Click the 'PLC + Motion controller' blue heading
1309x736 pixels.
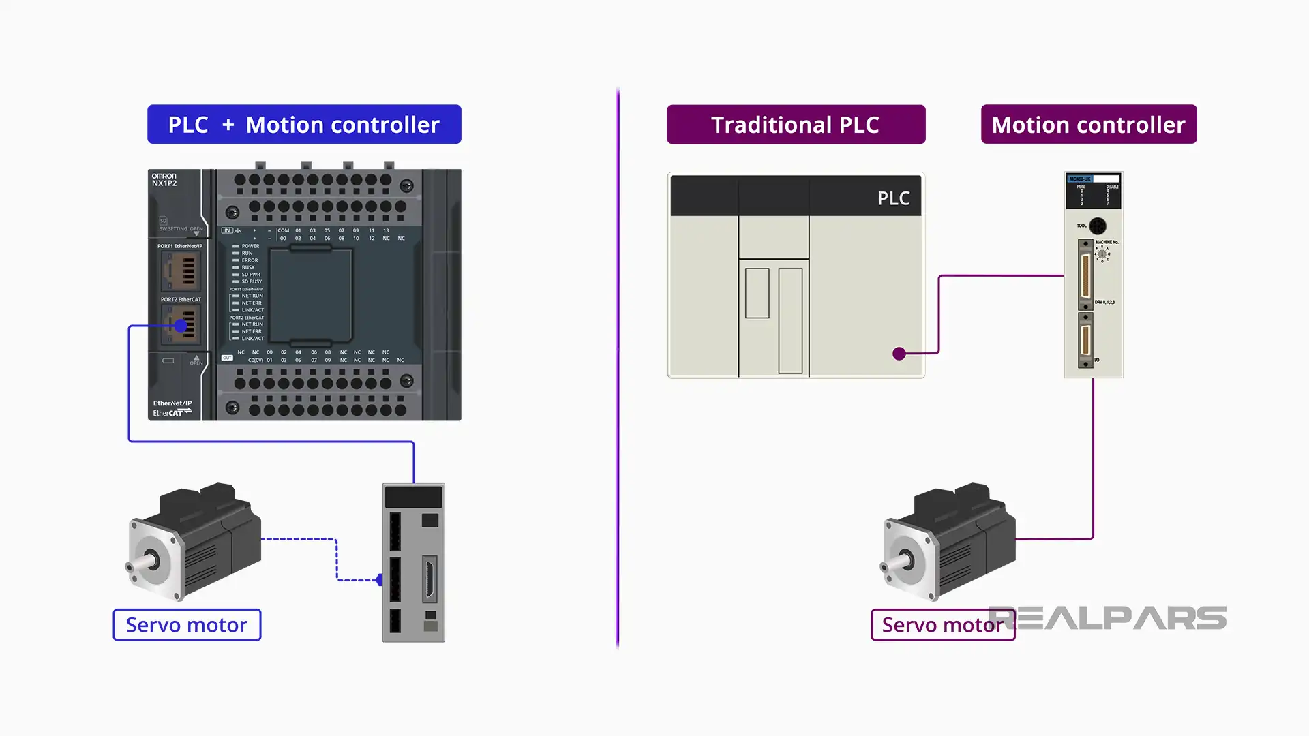[304, 125]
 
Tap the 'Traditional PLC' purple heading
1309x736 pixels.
[796, 125]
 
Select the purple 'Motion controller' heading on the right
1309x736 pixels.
[1088, 125]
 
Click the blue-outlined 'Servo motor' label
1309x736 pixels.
[187, 625]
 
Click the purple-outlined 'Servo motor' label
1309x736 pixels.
[942, 625]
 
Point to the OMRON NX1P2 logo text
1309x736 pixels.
[164, 180]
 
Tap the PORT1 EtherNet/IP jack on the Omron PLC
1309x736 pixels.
[181, 270]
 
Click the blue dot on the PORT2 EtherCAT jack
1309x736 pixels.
[181, 326]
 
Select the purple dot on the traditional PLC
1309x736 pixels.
[899, 354]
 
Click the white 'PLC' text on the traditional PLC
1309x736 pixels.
[893, 198]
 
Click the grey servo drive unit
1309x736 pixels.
[413, 563]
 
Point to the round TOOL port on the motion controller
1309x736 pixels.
[1097, 226]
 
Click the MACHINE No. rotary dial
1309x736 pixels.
[1102, 254]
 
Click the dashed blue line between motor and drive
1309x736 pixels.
[336, 559]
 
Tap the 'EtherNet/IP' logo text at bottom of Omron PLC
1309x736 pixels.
[172, 403]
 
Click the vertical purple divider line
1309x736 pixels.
[618, 368]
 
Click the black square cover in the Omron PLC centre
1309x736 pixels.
[311, 296]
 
